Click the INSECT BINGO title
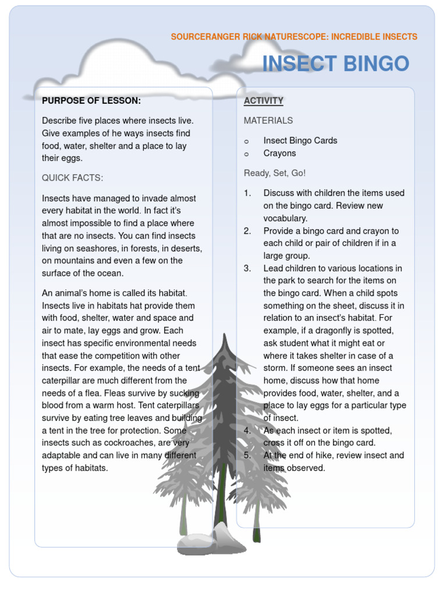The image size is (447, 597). pyautogui.click(x=336, y=64)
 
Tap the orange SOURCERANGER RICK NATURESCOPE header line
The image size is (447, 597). pyautogui.click(x=294, y=37)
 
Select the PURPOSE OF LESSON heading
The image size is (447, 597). pyautogui.click(x=91, y=101)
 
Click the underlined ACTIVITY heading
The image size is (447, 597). pyautogui.click(x=264, y=101)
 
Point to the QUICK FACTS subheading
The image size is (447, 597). pyautogui.click(x=72, y=178)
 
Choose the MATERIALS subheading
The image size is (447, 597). pyautogui.click(x=268, y=121)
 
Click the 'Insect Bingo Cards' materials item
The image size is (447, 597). pyautogui.click(x=300, y=141)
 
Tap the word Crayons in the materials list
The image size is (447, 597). pyautogui.click(x=280, y=153)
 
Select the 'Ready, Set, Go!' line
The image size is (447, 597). pyautogui.click(x=275, y=173)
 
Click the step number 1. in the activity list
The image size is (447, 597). pyautogui.click(x=247, y=193)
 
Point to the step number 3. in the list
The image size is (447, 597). pyautogui.click(x=247, y=268)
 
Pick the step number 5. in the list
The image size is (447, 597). pyautogui.click(x=247, y=455)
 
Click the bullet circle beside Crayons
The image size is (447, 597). pyautogui.click(x=247, y=154)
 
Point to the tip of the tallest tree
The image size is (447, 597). pyautogui.click(x=224, y=336)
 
